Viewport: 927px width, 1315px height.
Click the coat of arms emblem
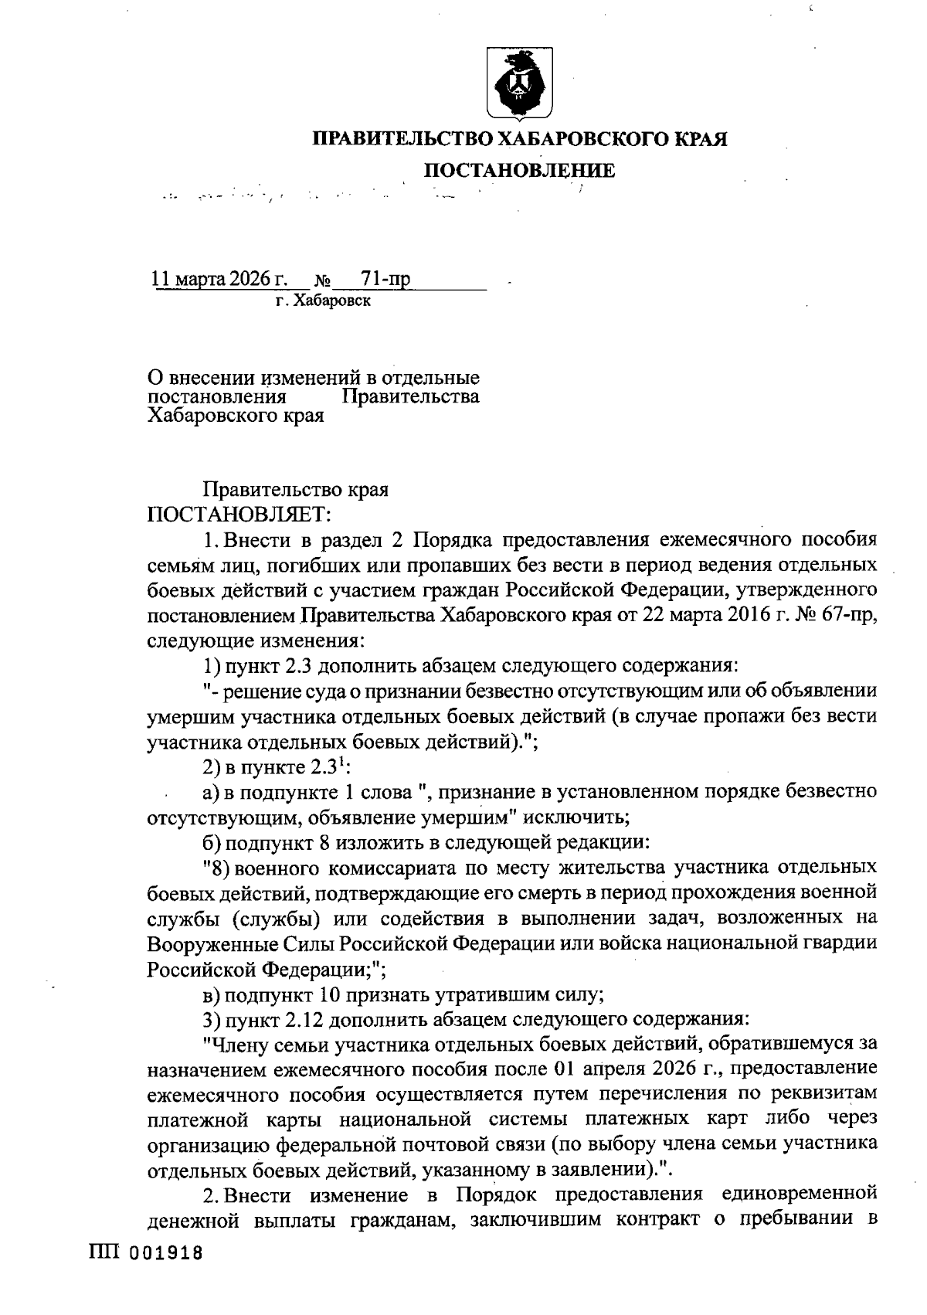[x=518, y=83]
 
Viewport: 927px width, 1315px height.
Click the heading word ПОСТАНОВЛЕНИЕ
[x=520, y=170]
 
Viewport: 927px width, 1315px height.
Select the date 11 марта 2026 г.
[x=219, y=279]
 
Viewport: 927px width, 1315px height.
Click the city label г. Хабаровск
[x=323, y=301]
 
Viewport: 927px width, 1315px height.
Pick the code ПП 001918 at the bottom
[x=145, y=1253]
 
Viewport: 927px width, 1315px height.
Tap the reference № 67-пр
[x=837, y=616]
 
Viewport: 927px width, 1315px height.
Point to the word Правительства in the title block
[x=410, y=397]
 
